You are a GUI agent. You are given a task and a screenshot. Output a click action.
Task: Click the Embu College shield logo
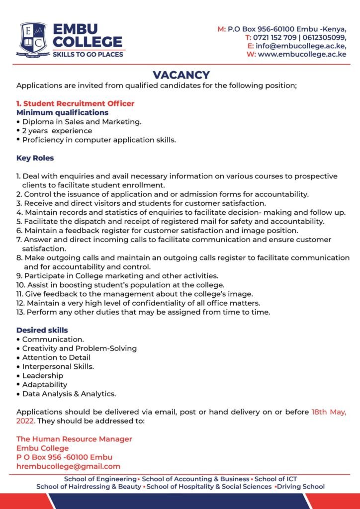(x=33, y=38)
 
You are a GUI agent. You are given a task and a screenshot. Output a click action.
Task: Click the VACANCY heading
(x=181, y=75)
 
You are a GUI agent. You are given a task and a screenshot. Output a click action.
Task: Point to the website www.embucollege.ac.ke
(x=302, y=54)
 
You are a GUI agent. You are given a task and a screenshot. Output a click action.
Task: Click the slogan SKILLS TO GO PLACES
(x=88, y=54)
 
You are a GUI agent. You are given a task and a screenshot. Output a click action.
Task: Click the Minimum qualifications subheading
(x=63, y=112)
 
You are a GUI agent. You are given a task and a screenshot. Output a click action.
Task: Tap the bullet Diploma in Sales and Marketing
(x=82, y=121)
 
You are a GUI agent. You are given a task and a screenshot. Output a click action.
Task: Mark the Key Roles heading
(x=35, y=158)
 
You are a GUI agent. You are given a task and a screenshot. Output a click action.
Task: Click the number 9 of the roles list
(x=18, y=275)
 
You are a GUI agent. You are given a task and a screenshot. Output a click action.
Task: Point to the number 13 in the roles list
(x=20, y=312)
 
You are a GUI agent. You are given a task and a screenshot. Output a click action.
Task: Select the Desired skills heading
(x=42, y=330)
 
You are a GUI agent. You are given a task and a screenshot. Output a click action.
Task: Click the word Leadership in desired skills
(x=43, y=375)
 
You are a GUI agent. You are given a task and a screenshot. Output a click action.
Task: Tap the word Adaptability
(x=45, y=384)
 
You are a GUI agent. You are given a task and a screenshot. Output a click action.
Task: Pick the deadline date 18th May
(x=328, y=412)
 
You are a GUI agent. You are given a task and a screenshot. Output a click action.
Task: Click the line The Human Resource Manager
(x=74, y=439)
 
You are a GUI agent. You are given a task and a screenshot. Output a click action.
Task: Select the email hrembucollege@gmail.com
(x=68, y=466)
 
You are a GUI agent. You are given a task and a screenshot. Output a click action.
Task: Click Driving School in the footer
(x=301, y=487)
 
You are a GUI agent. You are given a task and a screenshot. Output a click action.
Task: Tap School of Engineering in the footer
(x=100, y=479)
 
